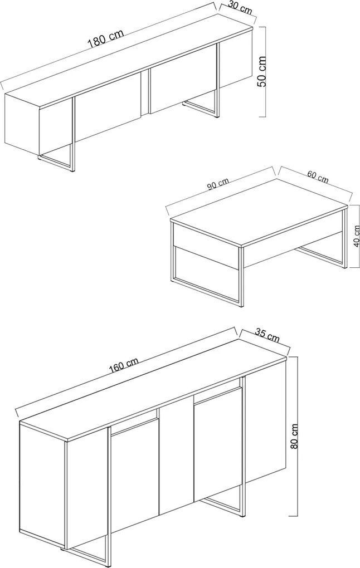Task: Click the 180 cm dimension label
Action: tap(105, 37)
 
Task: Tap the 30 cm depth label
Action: tap(240, 8)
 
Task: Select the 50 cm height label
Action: tap(261, 71)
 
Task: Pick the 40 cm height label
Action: tap(357, 236)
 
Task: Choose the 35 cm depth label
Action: tap(267, 335)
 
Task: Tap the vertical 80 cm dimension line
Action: tap(297, 436)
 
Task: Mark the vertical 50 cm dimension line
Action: tap(266, 72)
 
